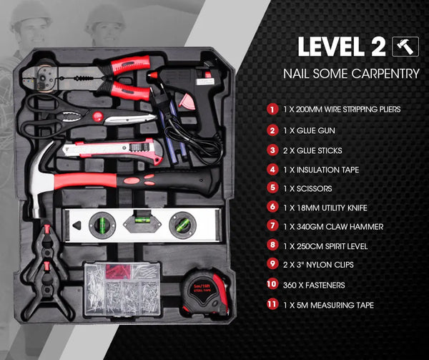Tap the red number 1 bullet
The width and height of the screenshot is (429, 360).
click(272, 110)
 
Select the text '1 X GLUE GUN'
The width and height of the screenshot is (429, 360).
click(310, 130)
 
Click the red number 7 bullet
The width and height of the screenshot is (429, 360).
click(272, 226)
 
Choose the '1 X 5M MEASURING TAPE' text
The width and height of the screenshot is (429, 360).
click(329, 304)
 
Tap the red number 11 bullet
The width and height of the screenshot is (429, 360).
click(272, 304)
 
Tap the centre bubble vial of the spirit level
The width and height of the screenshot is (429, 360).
click(139, 219)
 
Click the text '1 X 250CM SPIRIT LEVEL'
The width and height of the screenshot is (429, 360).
click(331, 245)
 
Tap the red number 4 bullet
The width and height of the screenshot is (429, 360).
click(272, 169)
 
